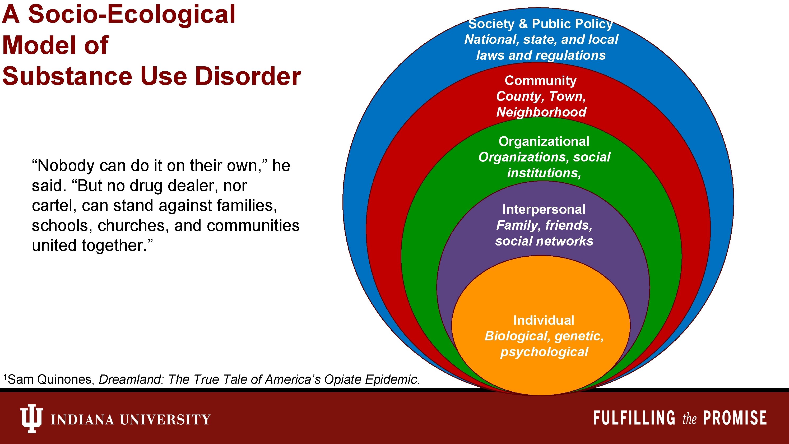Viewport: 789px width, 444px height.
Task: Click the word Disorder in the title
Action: tap(248, 76)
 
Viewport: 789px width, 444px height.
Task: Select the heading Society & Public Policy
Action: tap(540, 24)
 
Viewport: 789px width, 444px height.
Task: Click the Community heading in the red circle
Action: tap(540, 81)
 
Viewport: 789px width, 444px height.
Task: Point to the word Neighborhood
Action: tap(541, 112)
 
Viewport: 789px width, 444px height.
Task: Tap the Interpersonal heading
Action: tap(544, 210)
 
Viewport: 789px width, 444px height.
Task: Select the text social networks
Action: tap(544, 241)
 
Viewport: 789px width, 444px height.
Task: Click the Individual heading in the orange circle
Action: tap(544, 321)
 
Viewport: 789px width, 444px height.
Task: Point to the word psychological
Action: tap(544, 352)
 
